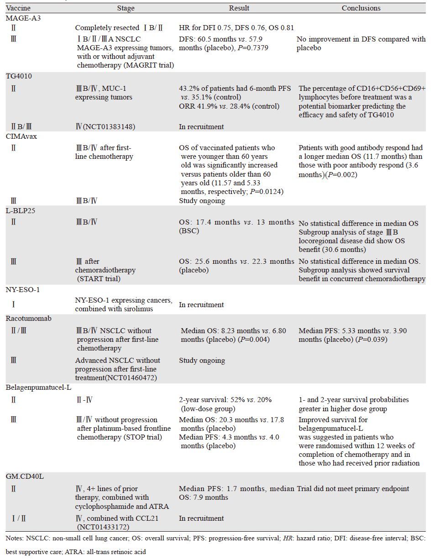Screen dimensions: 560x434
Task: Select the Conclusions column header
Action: (361, 8)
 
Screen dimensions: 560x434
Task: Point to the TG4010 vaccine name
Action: (18, 77)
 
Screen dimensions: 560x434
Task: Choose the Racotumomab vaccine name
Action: (26, 319)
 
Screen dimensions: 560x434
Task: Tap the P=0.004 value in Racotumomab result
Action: (256, 340)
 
